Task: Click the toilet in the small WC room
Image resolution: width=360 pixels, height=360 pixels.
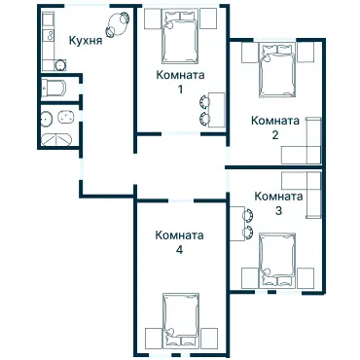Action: (x=56, y=89)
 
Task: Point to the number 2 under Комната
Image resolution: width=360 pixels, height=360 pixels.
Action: (x=275, y=134)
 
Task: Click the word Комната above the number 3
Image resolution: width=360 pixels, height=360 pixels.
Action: (x=278, y=196)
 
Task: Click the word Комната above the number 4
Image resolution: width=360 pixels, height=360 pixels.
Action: (x=180, y=234)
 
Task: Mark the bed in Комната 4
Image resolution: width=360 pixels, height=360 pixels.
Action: (x=180, y=318)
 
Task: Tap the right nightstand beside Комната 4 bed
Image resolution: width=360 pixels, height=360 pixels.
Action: (x=209, y=338)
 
